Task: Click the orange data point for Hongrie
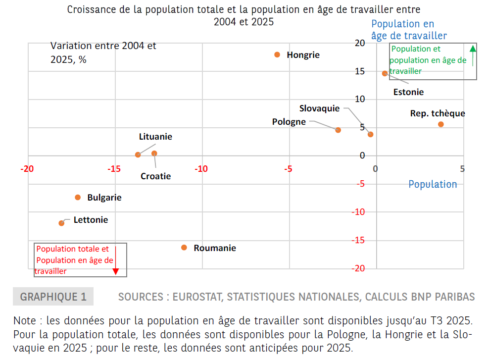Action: pyautogui.click(x=277, y=54)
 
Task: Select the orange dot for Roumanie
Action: pyautogui.click(x=184, y=248)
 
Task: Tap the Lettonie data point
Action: pyautogui.click(x=61, y=223)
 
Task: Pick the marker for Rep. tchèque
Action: pyautogui.click(x=441, y=124)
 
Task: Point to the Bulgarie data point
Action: pyautogui.click(x=78, y=197)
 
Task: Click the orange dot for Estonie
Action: pyautogui.click(x=385, y=73)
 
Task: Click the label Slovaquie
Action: pyautogui.click(x=319, y=108)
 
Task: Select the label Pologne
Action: pyautogui.click(x=289, y=122)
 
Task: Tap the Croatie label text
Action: pyautogui.click(x=155, y=176)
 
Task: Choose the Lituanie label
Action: pyautogui.click(x=155, y=137)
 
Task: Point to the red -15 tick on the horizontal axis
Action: pyautogui.click(x=114, y=169)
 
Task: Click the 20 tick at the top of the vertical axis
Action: pyautogui.click(x=360, y=43)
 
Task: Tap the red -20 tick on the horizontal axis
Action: pyautogui.click(x=27, y=169)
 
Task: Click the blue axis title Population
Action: pyautogui.click(x=433, y=184)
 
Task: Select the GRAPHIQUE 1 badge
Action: pyautogui.click(x=53, y=297)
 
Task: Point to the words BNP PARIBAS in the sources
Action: pyautogui.click(x=443, y=297)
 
